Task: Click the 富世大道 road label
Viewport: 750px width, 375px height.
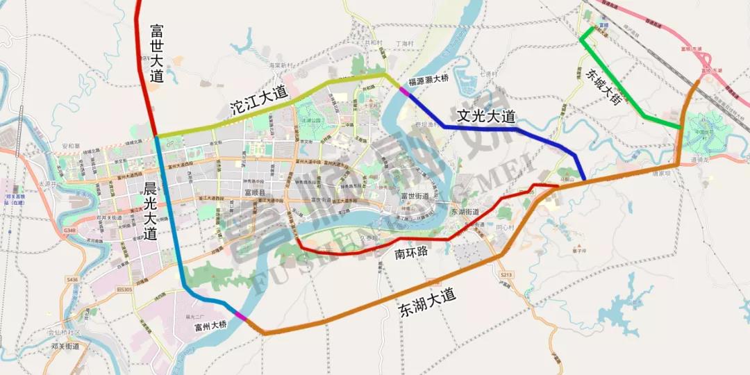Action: tap(157, 53)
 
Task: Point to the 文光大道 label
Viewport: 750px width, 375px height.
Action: tap(486, 116)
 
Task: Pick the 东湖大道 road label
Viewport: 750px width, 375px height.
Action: tap(429, 304)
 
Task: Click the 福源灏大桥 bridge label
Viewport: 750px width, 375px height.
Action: tap(429, 79)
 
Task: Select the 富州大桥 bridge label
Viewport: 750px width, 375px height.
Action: tap(210, 325)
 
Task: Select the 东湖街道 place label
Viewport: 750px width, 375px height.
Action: tap(466, 211)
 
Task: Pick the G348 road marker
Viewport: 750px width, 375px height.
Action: tap(69, 230)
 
